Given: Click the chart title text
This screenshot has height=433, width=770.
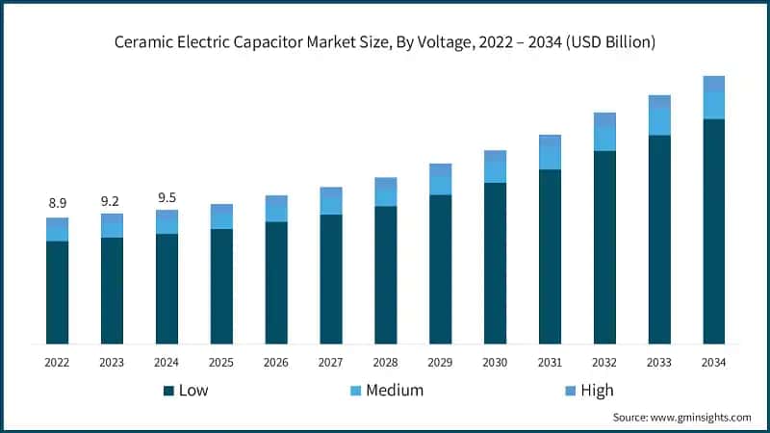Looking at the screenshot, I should click(384, 42).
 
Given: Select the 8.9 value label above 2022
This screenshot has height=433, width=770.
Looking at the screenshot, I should click(57, 203).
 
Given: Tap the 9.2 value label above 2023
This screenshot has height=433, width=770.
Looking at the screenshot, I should click(112, 201).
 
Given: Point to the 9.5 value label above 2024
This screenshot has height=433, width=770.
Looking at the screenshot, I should click(167, 197).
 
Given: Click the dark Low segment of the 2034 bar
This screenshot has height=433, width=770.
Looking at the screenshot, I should click(713, 231).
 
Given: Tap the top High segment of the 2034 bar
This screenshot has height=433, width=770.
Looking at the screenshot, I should click(713, 84).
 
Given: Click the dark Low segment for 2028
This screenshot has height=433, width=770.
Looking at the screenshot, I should click(385, 274).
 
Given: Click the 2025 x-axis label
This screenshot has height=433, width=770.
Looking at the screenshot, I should click(221, 363).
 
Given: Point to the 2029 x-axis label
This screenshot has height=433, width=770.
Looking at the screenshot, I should click(440, 363).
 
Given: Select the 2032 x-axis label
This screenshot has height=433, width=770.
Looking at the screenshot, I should click(604, 363).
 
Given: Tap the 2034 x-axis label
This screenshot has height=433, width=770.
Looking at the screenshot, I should click(713, 363).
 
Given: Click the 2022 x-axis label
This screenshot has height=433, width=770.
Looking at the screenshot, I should click(57, 363).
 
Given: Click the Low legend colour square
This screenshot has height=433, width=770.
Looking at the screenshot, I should click(168, 391).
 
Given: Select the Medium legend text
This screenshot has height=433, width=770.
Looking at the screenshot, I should click(395, 390).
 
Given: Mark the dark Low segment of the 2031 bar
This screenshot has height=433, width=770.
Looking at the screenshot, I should click(550, 256).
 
